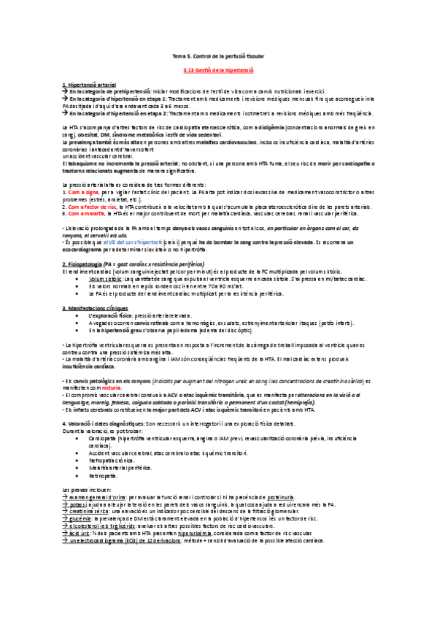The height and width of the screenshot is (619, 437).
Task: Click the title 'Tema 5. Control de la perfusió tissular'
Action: click(x=217, y=56)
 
